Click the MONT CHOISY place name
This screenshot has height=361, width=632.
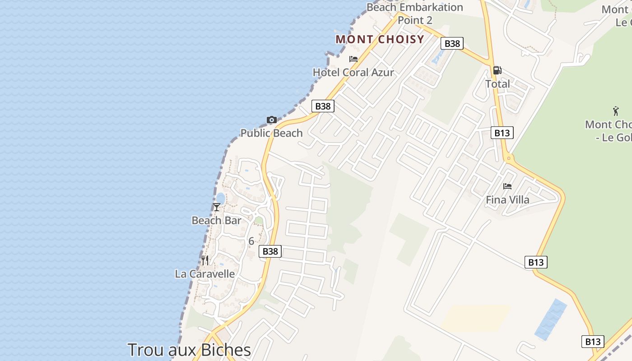tap(380, 39)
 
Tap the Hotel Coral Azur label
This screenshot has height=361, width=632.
tap(353, 72)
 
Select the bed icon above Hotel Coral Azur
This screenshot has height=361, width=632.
tap(353, 59)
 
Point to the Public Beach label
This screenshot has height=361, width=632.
tap(271, 133)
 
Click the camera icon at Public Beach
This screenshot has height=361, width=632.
tap(271, 120)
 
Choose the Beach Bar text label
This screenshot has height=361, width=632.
tap(216, 220)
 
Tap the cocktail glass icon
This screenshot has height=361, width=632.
tap(217, 207)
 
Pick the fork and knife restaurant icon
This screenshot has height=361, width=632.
tap(205, 260)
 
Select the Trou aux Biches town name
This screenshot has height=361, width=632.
tap(189, 350)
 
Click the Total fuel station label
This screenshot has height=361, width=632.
tap(497, 83)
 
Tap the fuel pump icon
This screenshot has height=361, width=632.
tap(497, 70)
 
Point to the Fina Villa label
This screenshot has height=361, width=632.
tap(507, 199)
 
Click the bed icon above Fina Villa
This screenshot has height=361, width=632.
tap(507, 186)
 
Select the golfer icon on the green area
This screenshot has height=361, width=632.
tap(616, 111)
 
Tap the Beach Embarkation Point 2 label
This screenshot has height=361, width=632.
tap(414, 14)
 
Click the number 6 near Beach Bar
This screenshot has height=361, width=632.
tap(251, 241)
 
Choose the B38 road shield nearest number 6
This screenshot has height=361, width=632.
tap(270, 251)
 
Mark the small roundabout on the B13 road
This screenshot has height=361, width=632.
tap(509, 158)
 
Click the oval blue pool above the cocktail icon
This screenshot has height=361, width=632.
tap(221, 198)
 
